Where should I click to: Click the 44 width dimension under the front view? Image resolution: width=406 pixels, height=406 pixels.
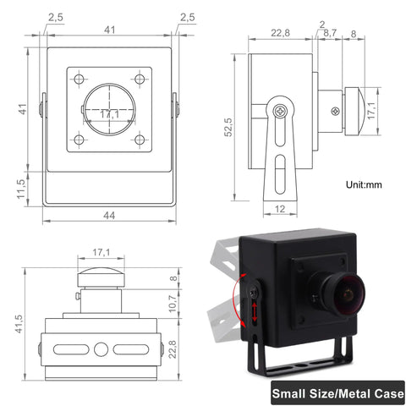pyautogui.click(x=108, y=216)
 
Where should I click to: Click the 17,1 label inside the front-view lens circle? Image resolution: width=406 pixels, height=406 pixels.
pyautogui.click(x=109, y=113)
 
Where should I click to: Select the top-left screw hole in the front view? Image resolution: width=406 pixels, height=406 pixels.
pyautogui.click(x=79, y=80)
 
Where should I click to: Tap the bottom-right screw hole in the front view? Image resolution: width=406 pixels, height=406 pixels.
pyautogui.click(x=140, y=140)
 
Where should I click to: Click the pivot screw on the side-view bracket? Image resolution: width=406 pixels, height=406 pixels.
pyautogui.click(x=281, y=110)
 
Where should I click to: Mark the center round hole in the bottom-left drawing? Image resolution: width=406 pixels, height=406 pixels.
pyautogui.click(x=101, y=348)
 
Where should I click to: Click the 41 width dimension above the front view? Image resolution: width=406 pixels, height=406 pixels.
pyautogui.click(x=109, y=30)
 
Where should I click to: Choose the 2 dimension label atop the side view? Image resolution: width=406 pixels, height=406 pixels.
pyautogui.click(x=321, y=25)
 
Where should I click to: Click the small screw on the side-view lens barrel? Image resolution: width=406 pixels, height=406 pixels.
pyautogui.click(x=337, y=110)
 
